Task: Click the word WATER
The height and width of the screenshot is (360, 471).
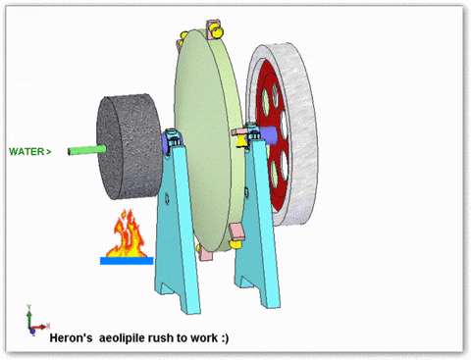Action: pyautogui.click(x=26, y=152)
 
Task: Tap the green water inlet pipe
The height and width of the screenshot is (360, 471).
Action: pyautogui.click(x=87, y=150)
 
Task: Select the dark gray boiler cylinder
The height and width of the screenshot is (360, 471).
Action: pyautogui.click(x=130, y=146)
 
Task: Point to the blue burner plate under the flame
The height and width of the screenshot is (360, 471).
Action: pyautogui.click(x=127, y=261)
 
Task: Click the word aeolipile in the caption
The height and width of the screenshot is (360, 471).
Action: pyautogui.click(x=122, y=337)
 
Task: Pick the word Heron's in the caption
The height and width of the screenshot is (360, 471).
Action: pyautogui.click(x=71, y=337)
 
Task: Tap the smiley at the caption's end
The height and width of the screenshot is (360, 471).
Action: pyautogui.click(x=225, y=337)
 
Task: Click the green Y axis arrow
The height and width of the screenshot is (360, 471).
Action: pyautogui.click(x=29, y=316)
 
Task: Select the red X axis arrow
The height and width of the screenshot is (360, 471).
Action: pyautogui.click(x=40, y=327)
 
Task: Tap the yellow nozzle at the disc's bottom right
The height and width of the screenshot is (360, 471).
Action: pyautogui.click(x=235, y=244)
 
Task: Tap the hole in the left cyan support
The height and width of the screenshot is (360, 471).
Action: pyautogui.click(x=167, y=198)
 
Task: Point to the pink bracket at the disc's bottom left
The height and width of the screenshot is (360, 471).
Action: pyautogui.click(x=205, y=253)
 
